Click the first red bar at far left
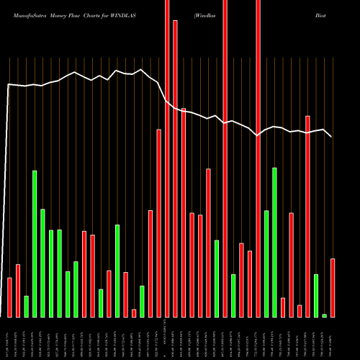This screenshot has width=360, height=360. click(x=9, y=297)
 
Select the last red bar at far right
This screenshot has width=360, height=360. click(x=333, y=288)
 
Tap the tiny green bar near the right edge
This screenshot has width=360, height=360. click(x=324, y=315)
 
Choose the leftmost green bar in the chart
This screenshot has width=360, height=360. click(x=26, y=306)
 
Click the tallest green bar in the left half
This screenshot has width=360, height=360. click(x=34, y=243)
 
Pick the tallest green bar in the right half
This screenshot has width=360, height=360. click(x=274, y=242)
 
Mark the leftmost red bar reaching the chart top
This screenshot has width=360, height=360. click(x=167, y=158)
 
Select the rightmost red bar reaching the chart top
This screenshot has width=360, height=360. click(x=258, y=158)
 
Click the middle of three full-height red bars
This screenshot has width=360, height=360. click(x=225, y=158)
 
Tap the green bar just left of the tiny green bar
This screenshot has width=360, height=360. click(x=316, y=295)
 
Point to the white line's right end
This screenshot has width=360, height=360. click(x=332, y=136)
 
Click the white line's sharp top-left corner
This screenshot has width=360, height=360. click(x=9, y=84)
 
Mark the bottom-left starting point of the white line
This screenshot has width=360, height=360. click(x=3, y=317)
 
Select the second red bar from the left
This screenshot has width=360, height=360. click(x=18, y=291)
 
